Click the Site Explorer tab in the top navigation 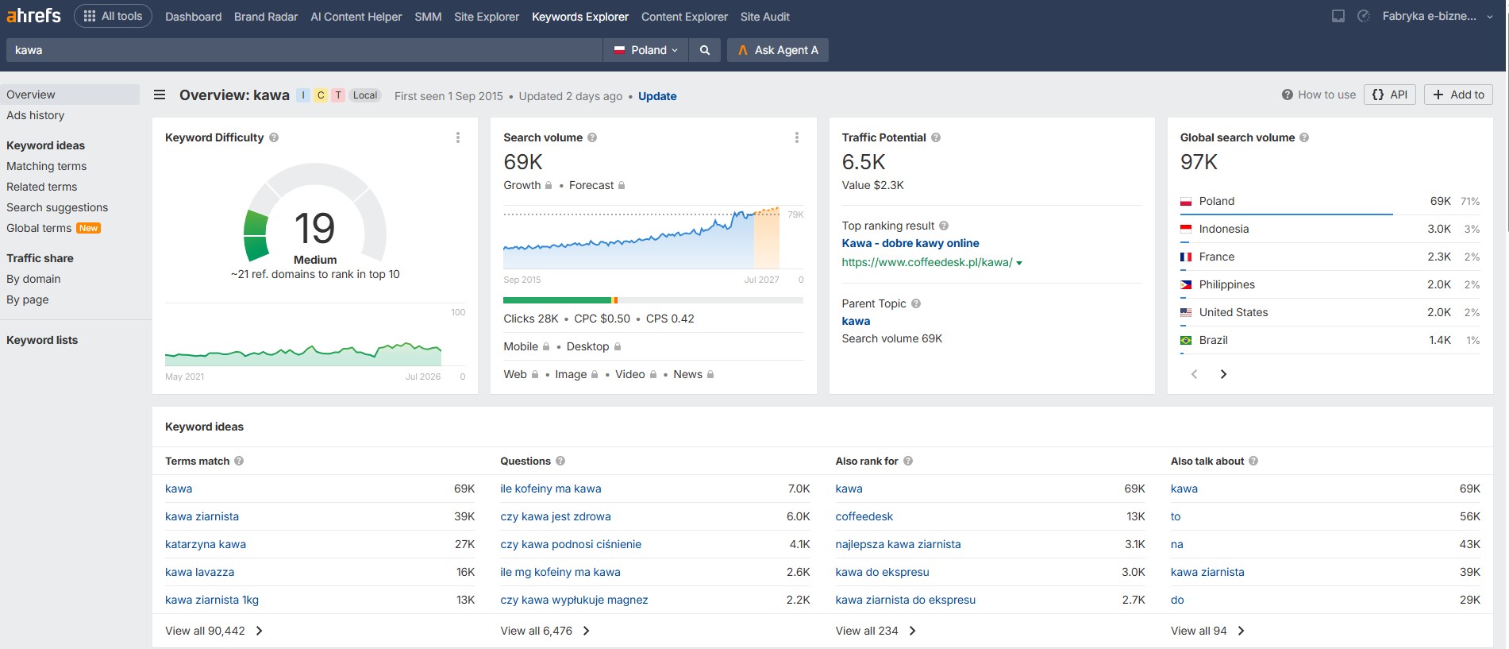[x=487, y=17]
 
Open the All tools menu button [x=113, y=16]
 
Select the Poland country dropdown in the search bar [x=646, y=50]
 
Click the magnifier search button [x=705, y=50]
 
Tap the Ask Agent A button [x=777, y=50]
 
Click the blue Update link [x=657, y=96]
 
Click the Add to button [x=1458, y=95]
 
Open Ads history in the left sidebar [x=36, y=115]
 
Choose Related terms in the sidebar [x=42, y=187]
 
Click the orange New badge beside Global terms [x=89, y=228]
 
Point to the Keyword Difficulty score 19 [x=315, y=228]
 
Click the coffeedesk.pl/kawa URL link [x=927, y=262]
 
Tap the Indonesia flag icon [x=1186, y=229]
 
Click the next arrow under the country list [x=1223, y=374]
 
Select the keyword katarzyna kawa [x=206, y=544]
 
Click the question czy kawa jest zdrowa [x=556, y=516]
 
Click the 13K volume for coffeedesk [x=1136, y=516]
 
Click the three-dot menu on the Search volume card [x=797, y=137]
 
